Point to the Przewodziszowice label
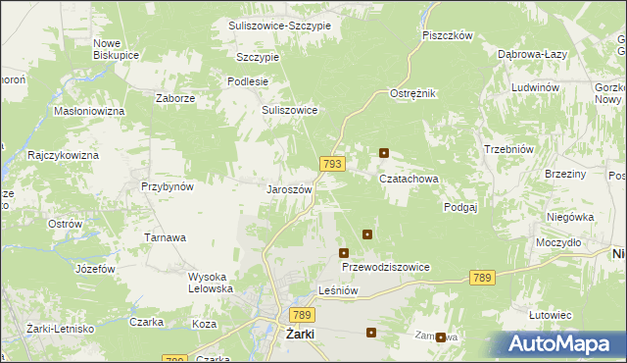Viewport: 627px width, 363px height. pyautogui.click(x=385, y=267)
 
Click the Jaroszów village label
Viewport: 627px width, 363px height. pyautogui.click(x=290, y=189)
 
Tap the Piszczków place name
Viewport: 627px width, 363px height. pyautogui.click(x=448, y=35)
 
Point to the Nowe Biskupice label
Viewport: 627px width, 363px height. pyautogui.click(x=114, y=49)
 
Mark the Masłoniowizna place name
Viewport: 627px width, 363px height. pyautogui.click(x=89, y=112)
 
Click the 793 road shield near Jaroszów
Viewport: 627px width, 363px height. pyautogui.click(x=331, y=164)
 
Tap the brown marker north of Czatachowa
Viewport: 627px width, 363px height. pyautogui.click(x=384, y=153)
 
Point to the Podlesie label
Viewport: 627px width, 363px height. pyautogui.click(x=247, y=81)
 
